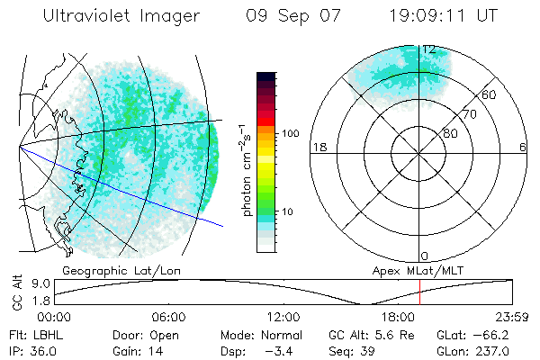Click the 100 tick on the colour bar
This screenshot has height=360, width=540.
click(x=291, y=133)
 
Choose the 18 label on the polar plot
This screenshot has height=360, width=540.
click(x=318, y=147)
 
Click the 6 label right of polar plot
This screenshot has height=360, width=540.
click(x=523, y=147)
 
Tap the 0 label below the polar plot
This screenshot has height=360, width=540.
click(x=425, y=256)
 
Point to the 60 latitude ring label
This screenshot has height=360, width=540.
click(x=490, y=94)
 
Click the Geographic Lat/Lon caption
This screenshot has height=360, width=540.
click(x=104, y=269)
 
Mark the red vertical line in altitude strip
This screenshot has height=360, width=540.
click(x=420, y=292)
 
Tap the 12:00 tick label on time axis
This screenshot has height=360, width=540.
click(x=283, y=317)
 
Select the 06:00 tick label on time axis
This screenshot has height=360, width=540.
click(x=168, y=317)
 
